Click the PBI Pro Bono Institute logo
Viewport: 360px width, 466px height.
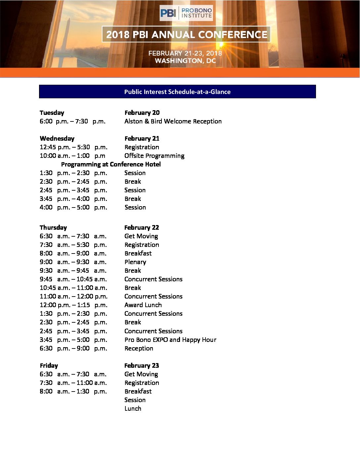coord(186,13)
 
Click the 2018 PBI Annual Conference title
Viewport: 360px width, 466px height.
coord(187,34)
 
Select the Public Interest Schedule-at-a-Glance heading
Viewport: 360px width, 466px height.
coord(177,92)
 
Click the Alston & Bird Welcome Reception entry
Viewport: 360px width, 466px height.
coord(173,121)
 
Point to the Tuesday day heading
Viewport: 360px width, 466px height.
coord(52,113)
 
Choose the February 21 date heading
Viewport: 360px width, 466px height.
coord(142,138)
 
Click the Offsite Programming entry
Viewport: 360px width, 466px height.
coord(154,156)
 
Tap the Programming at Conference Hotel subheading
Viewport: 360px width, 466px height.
coord(111,164)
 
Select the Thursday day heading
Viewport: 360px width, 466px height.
coord(53,227)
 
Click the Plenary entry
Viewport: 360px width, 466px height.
coord(135,262)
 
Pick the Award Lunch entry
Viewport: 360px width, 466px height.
coord(143,305)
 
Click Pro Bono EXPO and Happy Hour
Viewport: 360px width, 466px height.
coord(170,340)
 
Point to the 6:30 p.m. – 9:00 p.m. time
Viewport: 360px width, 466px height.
coord(73,348)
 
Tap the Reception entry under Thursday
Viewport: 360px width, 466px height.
coord(139,348)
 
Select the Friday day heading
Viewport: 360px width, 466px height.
coord(49,365)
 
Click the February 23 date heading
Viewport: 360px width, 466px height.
coord(141,365)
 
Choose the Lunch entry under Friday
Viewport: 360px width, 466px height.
coord(133,408)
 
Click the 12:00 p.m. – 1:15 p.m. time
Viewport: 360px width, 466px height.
coord(73,305)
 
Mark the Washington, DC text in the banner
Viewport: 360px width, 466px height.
coord(185,61)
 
